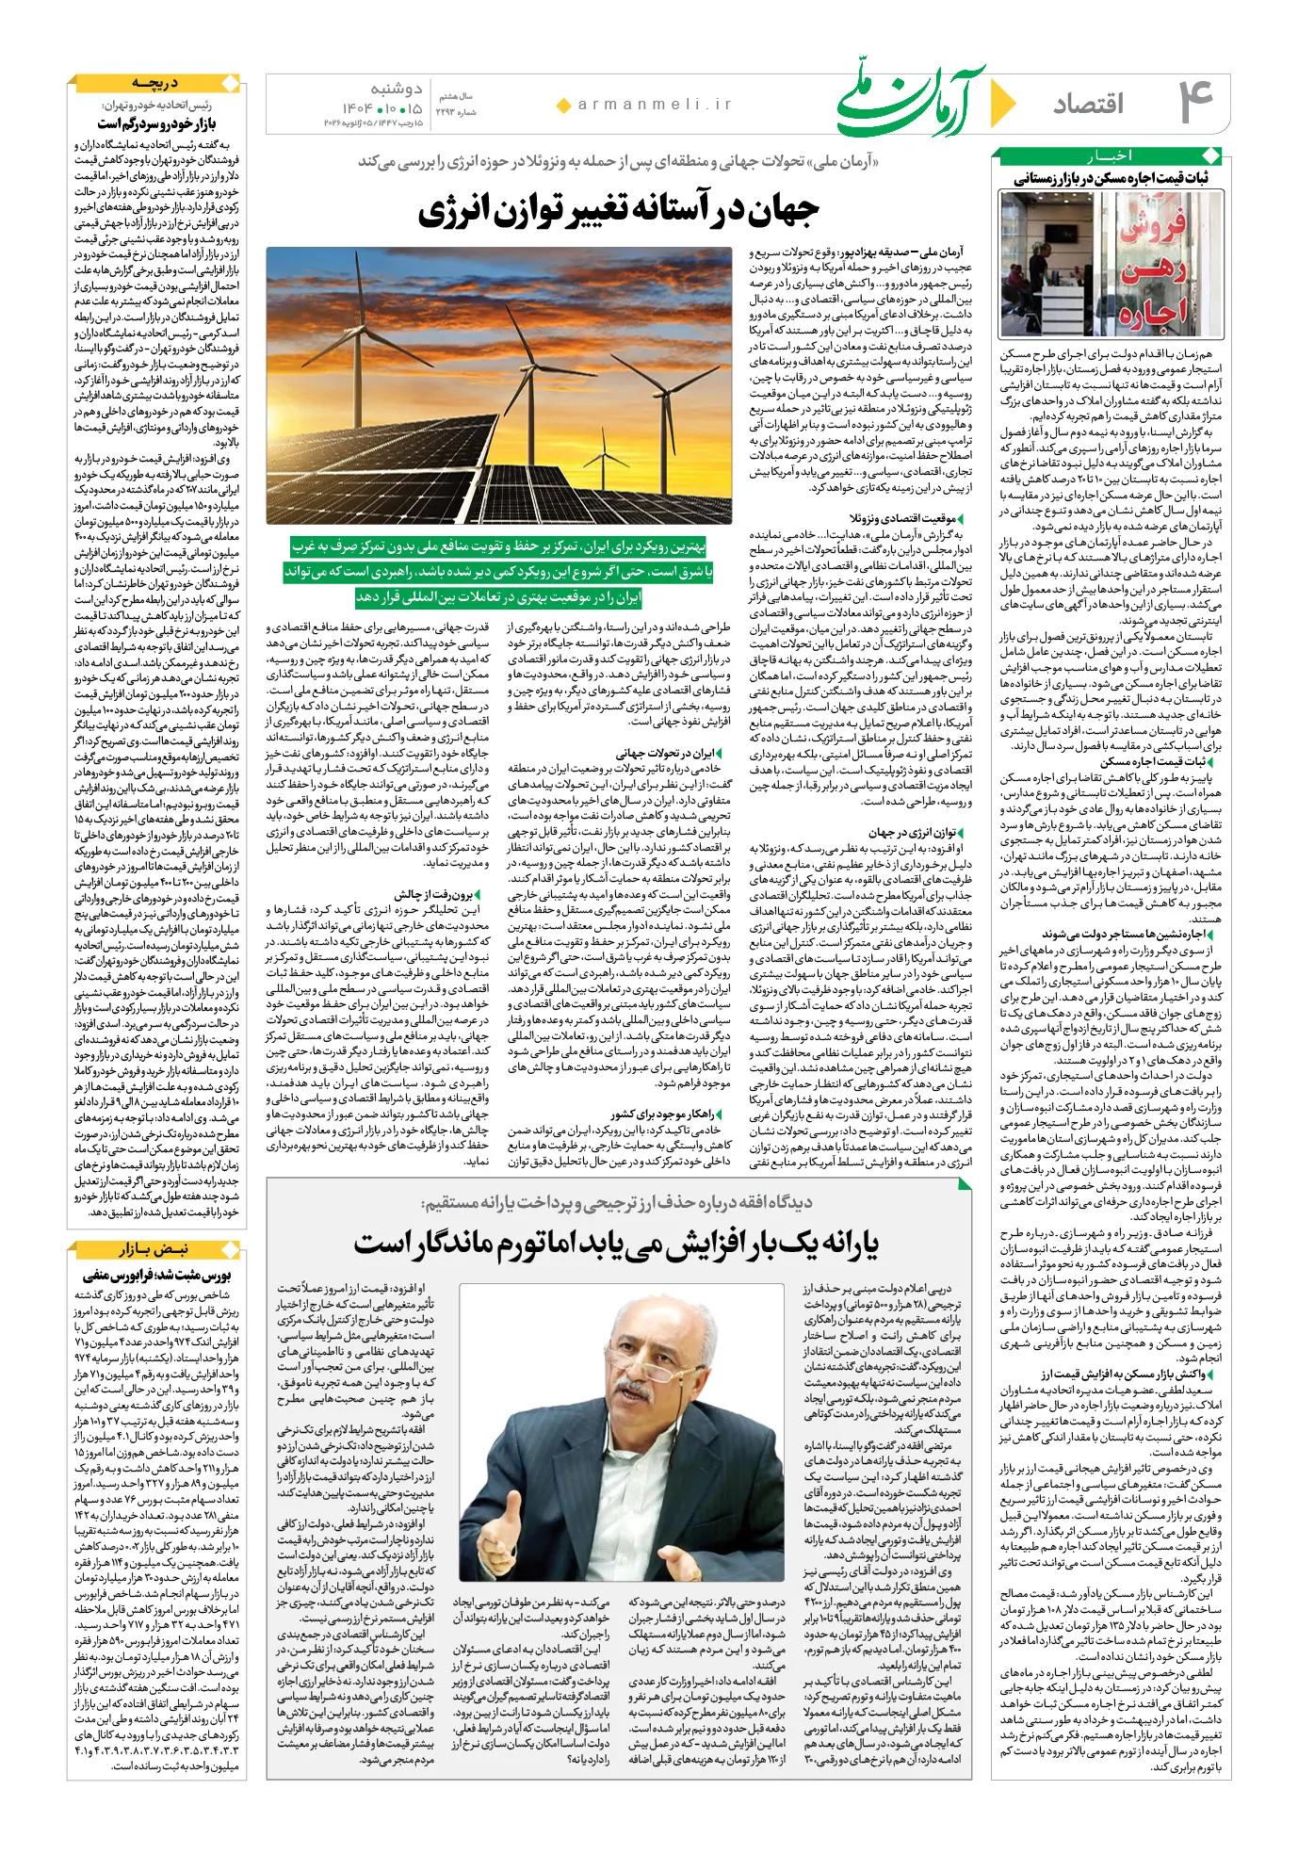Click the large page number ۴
point(1194,102)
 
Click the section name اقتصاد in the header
point(1088,104)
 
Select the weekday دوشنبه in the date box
point(396,89)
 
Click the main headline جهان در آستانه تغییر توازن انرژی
point(619,211)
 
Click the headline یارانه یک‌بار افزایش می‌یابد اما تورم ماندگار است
point(616,1245)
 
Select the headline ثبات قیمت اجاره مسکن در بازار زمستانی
point(1111,179)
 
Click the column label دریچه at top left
point(155,84)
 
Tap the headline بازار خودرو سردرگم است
point(156,124)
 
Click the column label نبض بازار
point(154,1249)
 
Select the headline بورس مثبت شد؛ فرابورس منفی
point(156,1276)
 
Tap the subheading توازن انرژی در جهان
point(912,833)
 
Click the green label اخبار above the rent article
point(1111,155)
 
